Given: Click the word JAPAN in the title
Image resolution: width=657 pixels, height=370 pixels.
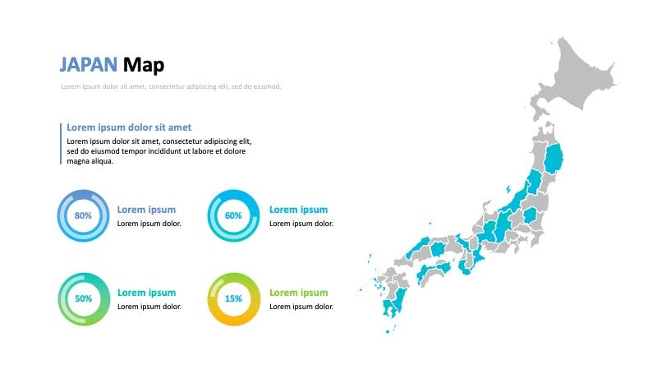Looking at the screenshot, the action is pyautogui.click(x=89, y=65).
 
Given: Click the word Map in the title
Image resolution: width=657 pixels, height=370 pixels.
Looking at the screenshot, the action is pyautogui.click(x=143, y=65).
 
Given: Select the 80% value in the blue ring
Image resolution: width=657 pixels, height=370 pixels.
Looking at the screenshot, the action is pyautogui.click(x=83, y=215).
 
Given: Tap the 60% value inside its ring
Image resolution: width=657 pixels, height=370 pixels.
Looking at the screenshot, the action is pyautogui.click(x=233, y=215).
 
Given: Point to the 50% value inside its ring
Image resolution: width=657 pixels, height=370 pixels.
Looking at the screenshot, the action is pyautogui.click(x=84, y=298).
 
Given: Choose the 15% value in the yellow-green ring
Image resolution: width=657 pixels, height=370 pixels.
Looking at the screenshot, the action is pyautogui.click(x=233, y=298).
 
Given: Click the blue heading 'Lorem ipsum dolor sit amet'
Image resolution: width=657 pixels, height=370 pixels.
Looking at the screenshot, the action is pyautogui.click(x=129, y=127).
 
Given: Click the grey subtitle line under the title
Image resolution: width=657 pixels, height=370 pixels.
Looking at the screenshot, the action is pyautogui.click(x=171, y=86).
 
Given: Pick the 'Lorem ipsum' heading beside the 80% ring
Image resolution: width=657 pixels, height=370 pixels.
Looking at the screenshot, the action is pyautogui.click(x=146, y=210).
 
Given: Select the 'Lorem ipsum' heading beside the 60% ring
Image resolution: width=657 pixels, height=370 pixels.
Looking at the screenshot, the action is pyautogui.click(x=298, y=210).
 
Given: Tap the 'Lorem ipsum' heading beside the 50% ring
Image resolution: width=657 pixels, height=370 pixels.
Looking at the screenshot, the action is pyautogui.click(x=147, y=293).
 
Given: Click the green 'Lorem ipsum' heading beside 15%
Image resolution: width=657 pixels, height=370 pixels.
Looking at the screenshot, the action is pyautogui.click(x=299, y=293).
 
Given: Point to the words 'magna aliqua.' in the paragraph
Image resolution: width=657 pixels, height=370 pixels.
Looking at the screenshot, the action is pyautogui.click(x=90, y=161).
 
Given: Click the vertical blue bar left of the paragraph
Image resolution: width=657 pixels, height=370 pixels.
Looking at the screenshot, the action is pyautogui.click(x=61, y=143).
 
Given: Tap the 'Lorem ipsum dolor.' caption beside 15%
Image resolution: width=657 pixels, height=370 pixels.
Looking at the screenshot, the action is pyautogui.click(x=301, y=307).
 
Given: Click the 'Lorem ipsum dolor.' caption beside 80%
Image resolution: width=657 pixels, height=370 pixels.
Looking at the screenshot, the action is pyautogui.click(x=149, y=224).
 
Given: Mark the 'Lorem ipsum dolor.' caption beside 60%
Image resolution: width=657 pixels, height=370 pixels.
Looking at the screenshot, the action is pyautogui.click(x=301, y=224).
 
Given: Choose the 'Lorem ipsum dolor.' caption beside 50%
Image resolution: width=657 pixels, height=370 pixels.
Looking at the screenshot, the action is pyautogui.click(x=149, y=307).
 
